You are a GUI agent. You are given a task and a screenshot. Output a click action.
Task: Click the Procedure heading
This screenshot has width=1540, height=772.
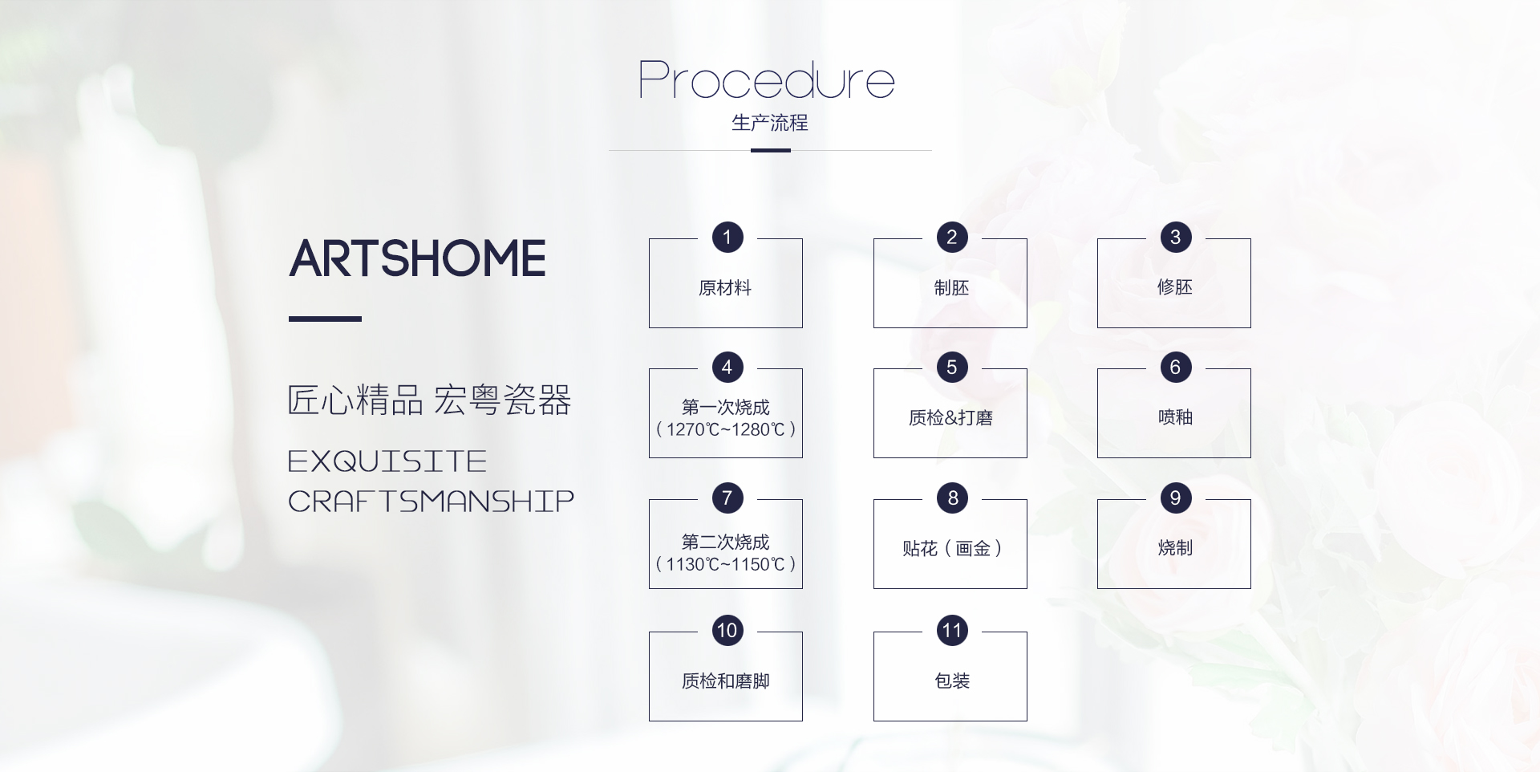tap(767, 80)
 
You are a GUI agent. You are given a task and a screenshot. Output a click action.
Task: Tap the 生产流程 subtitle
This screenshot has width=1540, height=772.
tap(770, 123)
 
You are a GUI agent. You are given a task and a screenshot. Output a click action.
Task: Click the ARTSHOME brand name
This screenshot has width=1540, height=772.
tap(417, 258)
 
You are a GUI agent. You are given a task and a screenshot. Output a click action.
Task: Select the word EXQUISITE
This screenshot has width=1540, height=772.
tap(387, 461)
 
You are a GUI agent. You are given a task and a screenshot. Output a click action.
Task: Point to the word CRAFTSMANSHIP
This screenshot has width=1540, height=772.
tap(431, 502)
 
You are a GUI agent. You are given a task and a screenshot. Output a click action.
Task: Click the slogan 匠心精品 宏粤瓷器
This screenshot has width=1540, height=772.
tap(429, 400)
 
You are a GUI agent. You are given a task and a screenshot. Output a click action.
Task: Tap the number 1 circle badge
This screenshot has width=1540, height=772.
tap(727, 237)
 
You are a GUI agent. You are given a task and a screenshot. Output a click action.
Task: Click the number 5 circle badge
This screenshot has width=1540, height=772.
tap(952, 368)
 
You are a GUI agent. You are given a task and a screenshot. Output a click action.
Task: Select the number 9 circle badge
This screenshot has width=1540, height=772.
tap(1176, 498)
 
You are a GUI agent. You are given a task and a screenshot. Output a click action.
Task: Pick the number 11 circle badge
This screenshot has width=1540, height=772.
tap(952, 630)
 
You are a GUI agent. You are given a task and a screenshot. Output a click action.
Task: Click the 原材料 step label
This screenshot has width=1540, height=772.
tap(725, 288)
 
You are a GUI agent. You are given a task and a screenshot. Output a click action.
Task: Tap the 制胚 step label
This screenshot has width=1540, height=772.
tap(951, 288)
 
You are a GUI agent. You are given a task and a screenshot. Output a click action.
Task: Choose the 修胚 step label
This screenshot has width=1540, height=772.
tap(1175, 287)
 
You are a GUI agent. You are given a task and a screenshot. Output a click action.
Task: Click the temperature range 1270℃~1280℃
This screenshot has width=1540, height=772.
tap(726, 429)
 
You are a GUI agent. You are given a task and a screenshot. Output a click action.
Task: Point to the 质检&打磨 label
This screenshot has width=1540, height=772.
tap(950, 418)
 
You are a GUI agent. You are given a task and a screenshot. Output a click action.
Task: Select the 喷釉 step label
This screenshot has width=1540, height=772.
tap(1175, 417)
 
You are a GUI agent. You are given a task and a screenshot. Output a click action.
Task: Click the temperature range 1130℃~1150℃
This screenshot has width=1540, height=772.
tap(726, 564)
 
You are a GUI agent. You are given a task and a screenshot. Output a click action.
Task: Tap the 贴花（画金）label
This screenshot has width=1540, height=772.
tap(952, 549)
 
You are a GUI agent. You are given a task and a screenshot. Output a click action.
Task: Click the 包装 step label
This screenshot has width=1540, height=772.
tap(952, 681)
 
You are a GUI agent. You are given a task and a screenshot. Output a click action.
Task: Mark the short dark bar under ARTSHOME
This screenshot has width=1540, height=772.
tap(325, 319)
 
